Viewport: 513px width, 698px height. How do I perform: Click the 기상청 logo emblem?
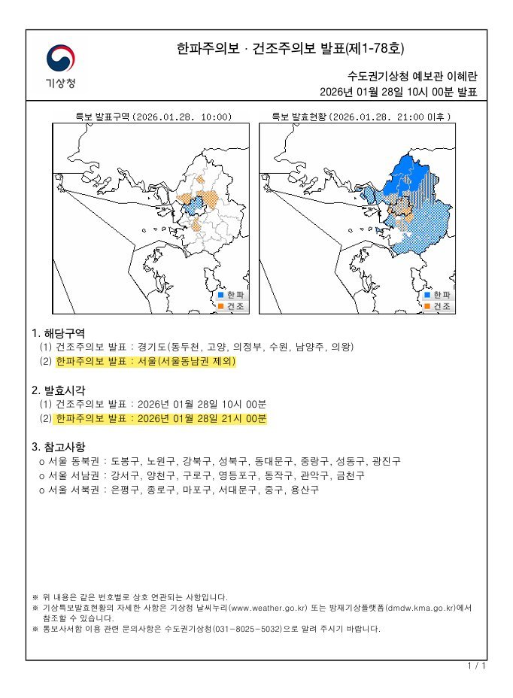(x=59, y=59)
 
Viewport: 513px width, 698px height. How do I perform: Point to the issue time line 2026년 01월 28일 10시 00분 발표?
(x=398, y=92)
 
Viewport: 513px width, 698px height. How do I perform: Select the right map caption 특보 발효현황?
(x=299, y=117)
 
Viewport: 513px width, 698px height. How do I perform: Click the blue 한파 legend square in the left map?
(x=221, y=295)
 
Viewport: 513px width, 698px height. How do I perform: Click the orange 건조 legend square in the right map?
(x=428, y=306)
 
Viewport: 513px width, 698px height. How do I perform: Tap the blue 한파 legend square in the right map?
(x=428, y=295)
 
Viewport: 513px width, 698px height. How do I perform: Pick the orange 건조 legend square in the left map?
(x=221, y=306)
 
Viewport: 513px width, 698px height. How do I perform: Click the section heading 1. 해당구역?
(x=58, y=332)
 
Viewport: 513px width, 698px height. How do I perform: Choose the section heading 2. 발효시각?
(x=58, y=390)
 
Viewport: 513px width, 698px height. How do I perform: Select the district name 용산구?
(x=305, y=490)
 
